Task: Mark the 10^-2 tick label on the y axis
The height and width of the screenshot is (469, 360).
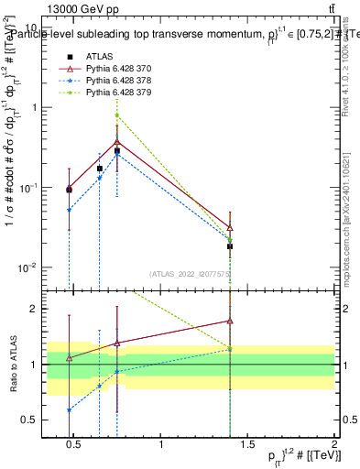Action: [27, 268]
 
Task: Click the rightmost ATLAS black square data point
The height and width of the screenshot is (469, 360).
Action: [230, 246]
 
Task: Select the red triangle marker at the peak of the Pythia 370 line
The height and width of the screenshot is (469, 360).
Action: [116, 143]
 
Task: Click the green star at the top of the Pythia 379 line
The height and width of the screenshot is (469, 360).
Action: [116, 115]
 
